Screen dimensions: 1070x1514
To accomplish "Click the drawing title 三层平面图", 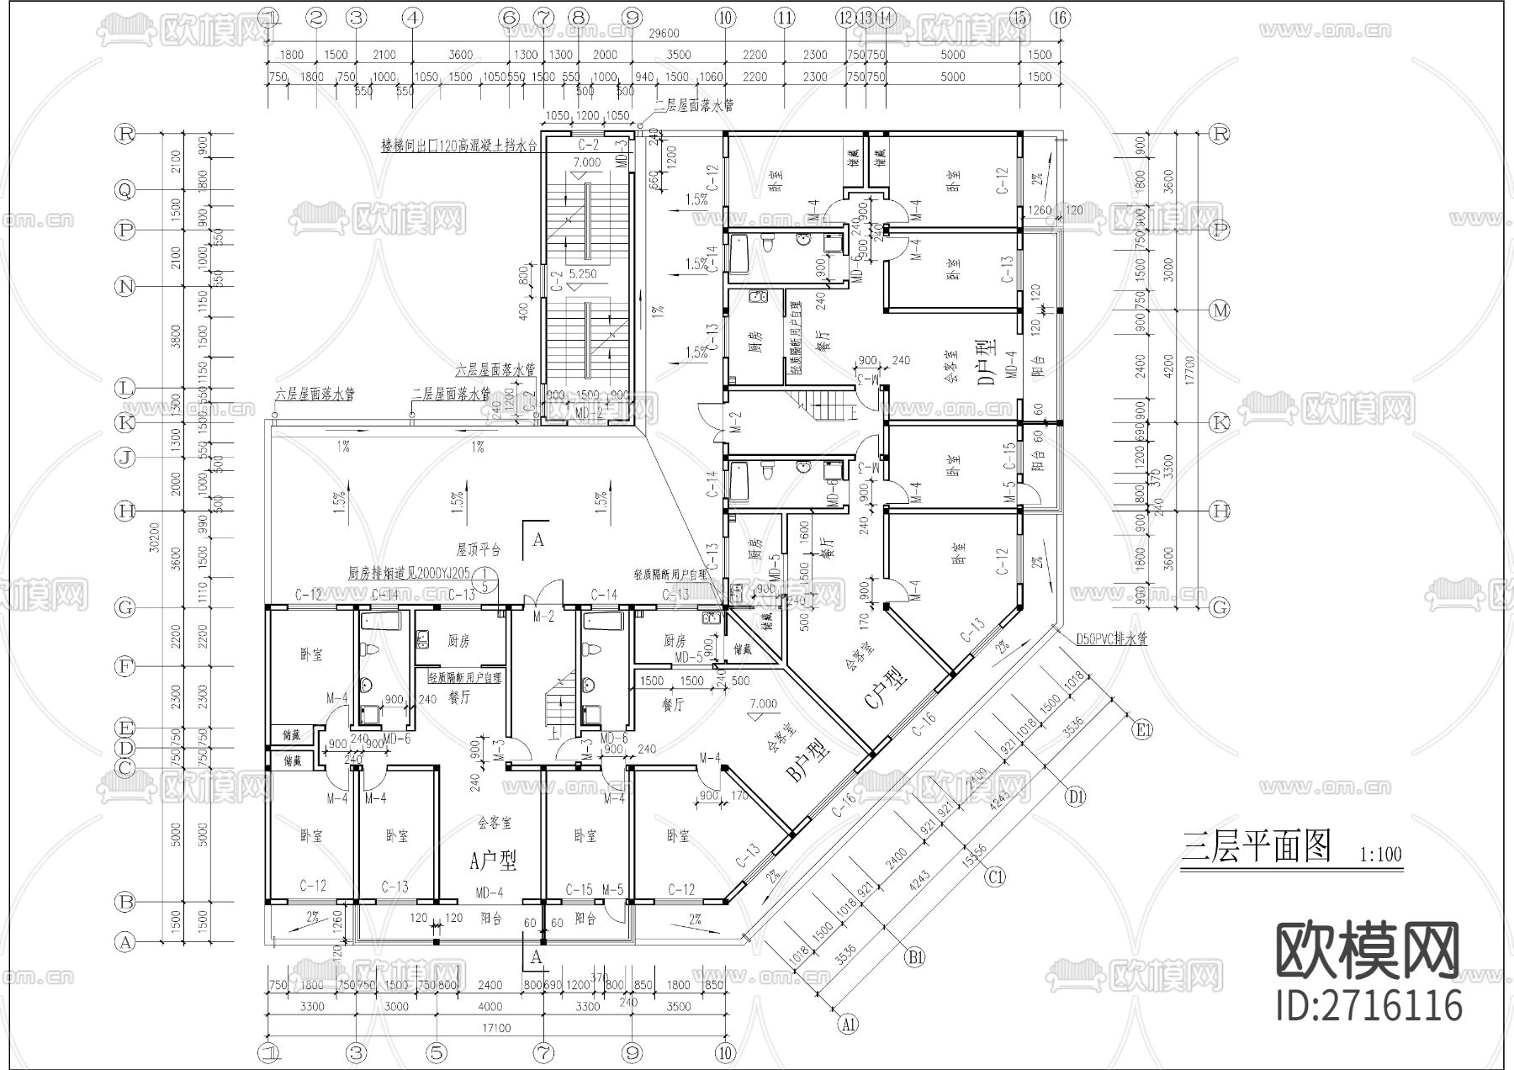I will (x=1257, y=846).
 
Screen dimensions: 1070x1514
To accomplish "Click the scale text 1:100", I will (x=1380, y=855).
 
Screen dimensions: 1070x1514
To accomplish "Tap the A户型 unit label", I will (x=493, y=860).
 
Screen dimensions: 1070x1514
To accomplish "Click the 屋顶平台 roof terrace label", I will (x=479, y=549).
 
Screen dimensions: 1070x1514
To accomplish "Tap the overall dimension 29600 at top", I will (x=664, y=34).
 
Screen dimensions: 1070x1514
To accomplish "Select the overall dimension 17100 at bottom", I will (x=496, y=1027).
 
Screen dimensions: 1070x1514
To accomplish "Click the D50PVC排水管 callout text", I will (x=1111, y=639).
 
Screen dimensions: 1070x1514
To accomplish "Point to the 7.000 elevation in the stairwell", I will (x=587, y=162).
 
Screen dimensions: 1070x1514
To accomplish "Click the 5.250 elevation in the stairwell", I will (x=582, y=274).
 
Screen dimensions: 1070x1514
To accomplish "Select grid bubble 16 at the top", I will (x=1061, y=16).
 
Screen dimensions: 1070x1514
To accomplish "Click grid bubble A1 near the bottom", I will (x=849, y=1024).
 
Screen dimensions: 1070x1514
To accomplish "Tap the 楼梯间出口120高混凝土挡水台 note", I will (x=458, y=146).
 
